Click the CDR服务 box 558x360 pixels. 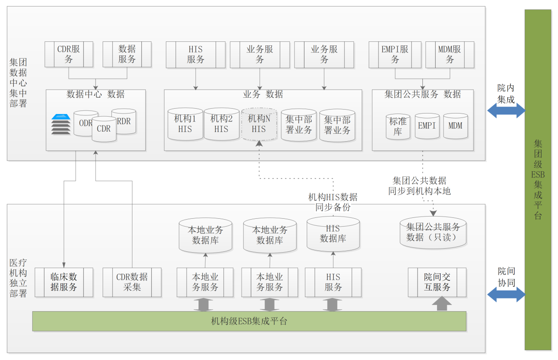(x=69, y=54)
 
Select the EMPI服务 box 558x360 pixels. (x=395, y=55)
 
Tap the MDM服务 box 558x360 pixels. (x=449, y=55)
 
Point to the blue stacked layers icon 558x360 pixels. (x=61, y=124)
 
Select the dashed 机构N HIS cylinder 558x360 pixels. (x=259, y=124)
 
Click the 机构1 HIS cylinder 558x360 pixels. (x=185, y=124)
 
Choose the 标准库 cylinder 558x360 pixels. (x=398, y=126)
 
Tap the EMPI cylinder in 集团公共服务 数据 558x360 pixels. (x=427, y=126)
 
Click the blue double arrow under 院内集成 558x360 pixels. (x=506, y=110)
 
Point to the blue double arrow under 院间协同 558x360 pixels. (x=506, y=294)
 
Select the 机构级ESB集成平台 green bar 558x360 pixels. (x=249, y=321)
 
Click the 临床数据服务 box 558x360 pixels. (x=64, y=282)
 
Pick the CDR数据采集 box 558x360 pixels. (x=132, y=282)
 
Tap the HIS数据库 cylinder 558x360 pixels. (x=333, y=234)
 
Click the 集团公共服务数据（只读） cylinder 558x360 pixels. (x=433, y=232)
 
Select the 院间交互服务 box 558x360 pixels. (x=437, y=282)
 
